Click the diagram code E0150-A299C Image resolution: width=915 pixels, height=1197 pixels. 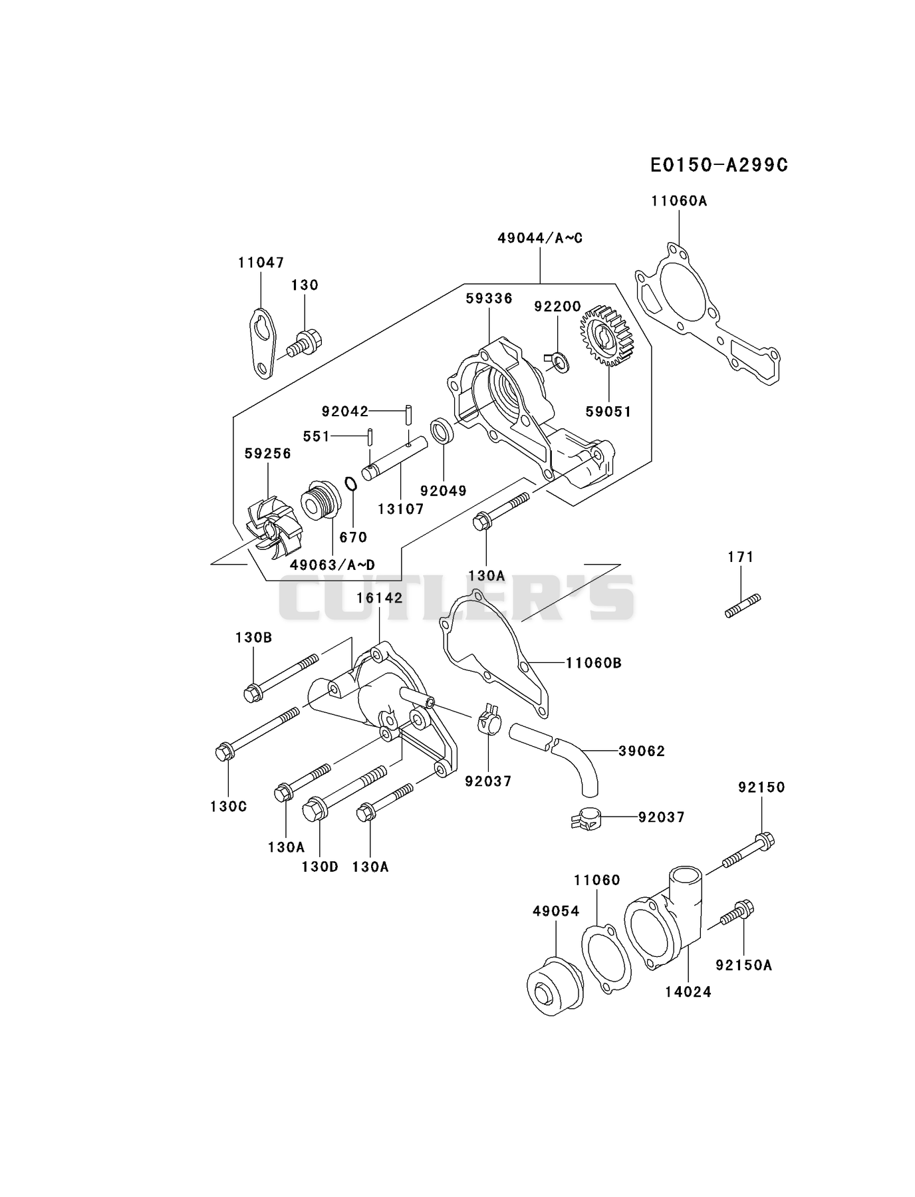click(719, 165)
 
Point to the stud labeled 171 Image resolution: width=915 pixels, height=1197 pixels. click(743, 606)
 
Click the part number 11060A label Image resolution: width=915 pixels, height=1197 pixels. click(678, 200)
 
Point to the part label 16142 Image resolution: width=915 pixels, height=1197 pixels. click(379, 598)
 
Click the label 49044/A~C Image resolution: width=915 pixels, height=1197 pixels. click(540, 238)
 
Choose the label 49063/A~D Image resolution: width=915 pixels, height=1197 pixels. click(332, 565)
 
